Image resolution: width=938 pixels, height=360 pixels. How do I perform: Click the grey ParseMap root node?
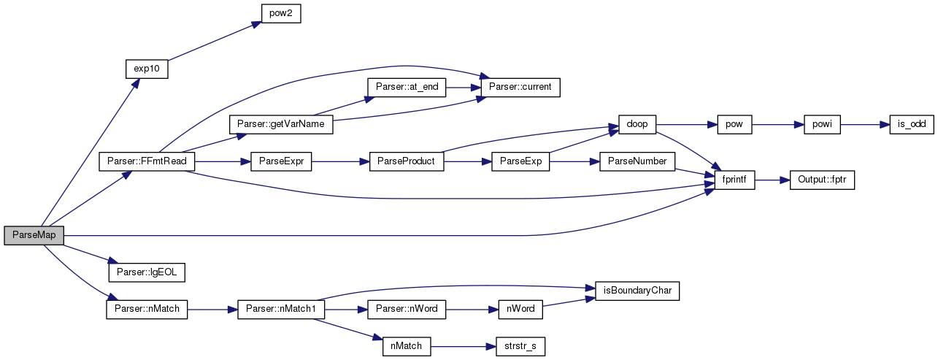(x=34, y=235)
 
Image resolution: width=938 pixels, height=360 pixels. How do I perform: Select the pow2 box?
(x=281, y=13)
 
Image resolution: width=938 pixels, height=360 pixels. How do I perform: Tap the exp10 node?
(x=147, y=69)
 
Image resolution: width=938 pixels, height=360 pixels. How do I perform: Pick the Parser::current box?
(x=520, y=87)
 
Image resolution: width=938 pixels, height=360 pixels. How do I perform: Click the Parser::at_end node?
(x=407, y=87)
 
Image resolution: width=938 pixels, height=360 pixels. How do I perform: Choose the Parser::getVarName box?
(x=281, y=124)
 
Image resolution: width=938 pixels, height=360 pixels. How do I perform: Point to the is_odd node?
(x=912, y=124)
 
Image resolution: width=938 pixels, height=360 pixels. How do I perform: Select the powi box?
(x=822, y=124)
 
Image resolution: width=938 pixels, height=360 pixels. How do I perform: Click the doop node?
(x=637, y=124)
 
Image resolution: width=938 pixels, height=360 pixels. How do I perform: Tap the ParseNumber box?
(x=637, y=161)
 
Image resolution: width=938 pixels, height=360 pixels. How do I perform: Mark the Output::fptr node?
(x=822, y=180)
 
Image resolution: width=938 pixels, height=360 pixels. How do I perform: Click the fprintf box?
(x=734, y=180)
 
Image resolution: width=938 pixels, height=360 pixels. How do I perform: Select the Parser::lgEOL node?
(x=147, y=272)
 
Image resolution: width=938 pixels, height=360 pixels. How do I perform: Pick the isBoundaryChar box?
(x=637, y=291)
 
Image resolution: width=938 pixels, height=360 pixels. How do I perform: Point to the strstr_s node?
(x=520, y=347)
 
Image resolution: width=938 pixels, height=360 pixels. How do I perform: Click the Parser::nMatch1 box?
(x=281, y=310)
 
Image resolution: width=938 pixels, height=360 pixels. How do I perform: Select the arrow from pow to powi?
(x=777, y=125)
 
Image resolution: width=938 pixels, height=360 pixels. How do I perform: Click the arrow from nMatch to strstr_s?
(x=463, y=347)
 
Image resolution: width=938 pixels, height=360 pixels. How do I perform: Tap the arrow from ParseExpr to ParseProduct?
(x=340, y=162)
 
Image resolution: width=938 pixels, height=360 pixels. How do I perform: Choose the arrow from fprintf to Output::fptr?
(x=772, y=180)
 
